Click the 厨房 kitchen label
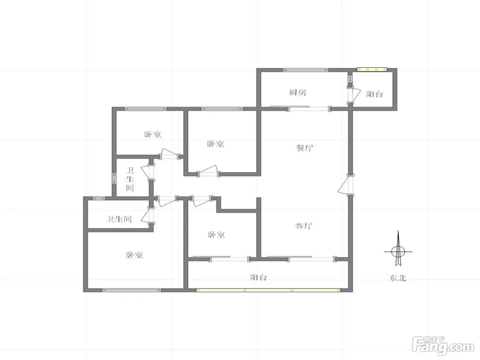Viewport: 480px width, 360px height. pos(298,93)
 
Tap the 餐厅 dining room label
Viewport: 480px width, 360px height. pos(304,148)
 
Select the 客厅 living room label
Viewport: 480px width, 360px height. pos(303,226)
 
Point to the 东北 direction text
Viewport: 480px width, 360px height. pos(398,278)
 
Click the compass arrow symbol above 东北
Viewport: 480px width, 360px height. pos(398,249)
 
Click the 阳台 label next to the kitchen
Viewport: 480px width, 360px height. pos(374,94)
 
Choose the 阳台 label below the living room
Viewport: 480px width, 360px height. pos(259,277)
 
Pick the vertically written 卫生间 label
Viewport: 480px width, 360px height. pos(130,179)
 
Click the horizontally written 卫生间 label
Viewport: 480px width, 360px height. pos(119,219)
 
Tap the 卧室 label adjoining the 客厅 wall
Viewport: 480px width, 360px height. pos(216,235)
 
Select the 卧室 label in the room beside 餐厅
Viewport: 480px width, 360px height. pos(216,144)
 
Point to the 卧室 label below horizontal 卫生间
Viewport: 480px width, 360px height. pos(134,255)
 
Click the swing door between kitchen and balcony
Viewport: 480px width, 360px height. pos(354,95)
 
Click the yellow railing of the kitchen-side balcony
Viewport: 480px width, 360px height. pos(372,70)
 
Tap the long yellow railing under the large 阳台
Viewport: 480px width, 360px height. pos(268,290)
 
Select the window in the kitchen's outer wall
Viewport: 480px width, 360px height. pos(306,70)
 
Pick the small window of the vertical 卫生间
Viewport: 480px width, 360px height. pos(114,179)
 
